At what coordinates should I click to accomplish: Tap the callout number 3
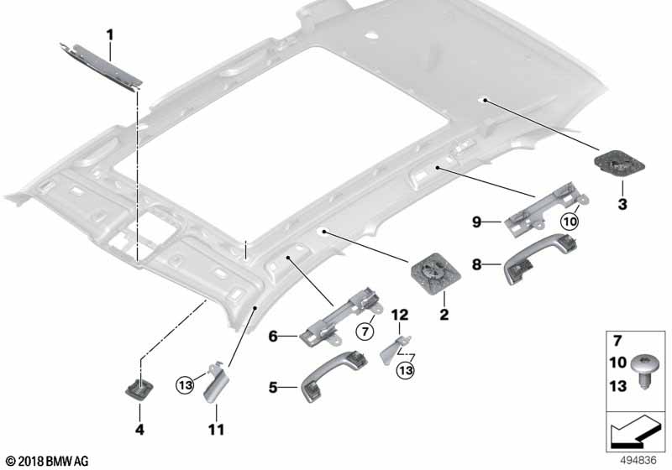click(x=622, y=204)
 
